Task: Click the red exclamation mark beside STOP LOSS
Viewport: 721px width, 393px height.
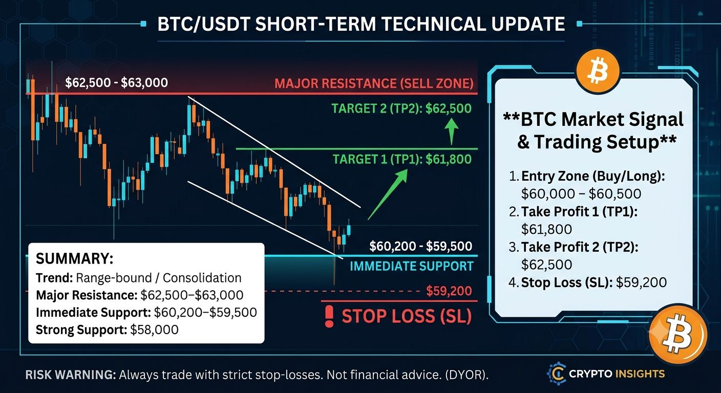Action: tap(329, 316)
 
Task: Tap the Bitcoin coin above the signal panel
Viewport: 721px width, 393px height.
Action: tap(598, 72)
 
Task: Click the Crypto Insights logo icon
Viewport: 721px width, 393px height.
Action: tap(556, 374)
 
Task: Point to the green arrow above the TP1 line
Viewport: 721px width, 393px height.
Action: tap(451, 131)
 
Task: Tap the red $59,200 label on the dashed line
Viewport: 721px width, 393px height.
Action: tap(449, 291)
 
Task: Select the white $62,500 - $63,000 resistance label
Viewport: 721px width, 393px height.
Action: tap(117, 83)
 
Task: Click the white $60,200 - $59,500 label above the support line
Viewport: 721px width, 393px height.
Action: tap(421, 246)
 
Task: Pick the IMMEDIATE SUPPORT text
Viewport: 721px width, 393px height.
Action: tap(412, 266)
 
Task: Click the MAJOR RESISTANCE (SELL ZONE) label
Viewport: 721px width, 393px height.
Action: tap(374, 83)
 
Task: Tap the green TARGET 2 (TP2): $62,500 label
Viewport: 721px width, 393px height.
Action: tap(401, 108)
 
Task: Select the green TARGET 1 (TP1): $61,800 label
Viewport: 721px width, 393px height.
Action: tap(402, 159)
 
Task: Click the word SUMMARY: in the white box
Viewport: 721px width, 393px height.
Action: tap(75, 259)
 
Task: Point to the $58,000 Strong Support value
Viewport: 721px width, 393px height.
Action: tap(154, 330)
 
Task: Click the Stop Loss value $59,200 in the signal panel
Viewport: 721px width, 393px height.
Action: tap(641, 282)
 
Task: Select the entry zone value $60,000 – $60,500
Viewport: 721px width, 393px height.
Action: tap(581, 194)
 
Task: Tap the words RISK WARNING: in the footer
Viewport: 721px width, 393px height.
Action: tap(71, 375)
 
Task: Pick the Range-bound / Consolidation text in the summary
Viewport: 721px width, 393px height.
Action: tap(159, 278)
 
